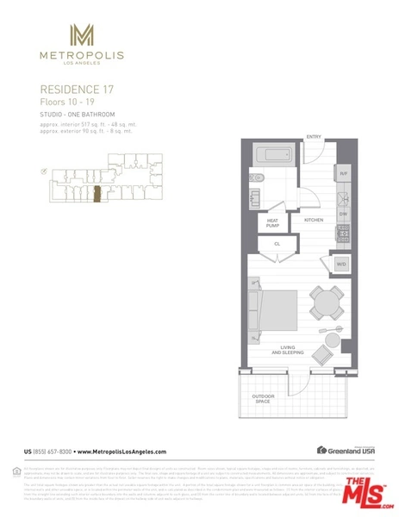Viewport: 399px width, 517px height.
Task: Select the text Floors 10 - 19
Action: [66, 101]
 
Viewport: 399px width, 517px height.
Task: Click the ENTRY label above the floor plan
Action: [314, 136]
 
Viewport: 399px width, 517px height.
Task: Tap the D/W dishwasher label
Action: [342, 213]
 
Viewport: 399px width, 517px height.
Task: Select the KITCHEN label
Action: [314, 221]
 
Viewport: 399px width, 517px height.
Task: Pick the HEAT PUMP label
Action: [273, 223]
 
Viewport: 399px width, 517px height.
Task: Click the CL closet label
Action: [277, 244]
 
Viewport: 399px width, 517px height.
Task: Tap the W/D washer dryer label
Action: [341, 264]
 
